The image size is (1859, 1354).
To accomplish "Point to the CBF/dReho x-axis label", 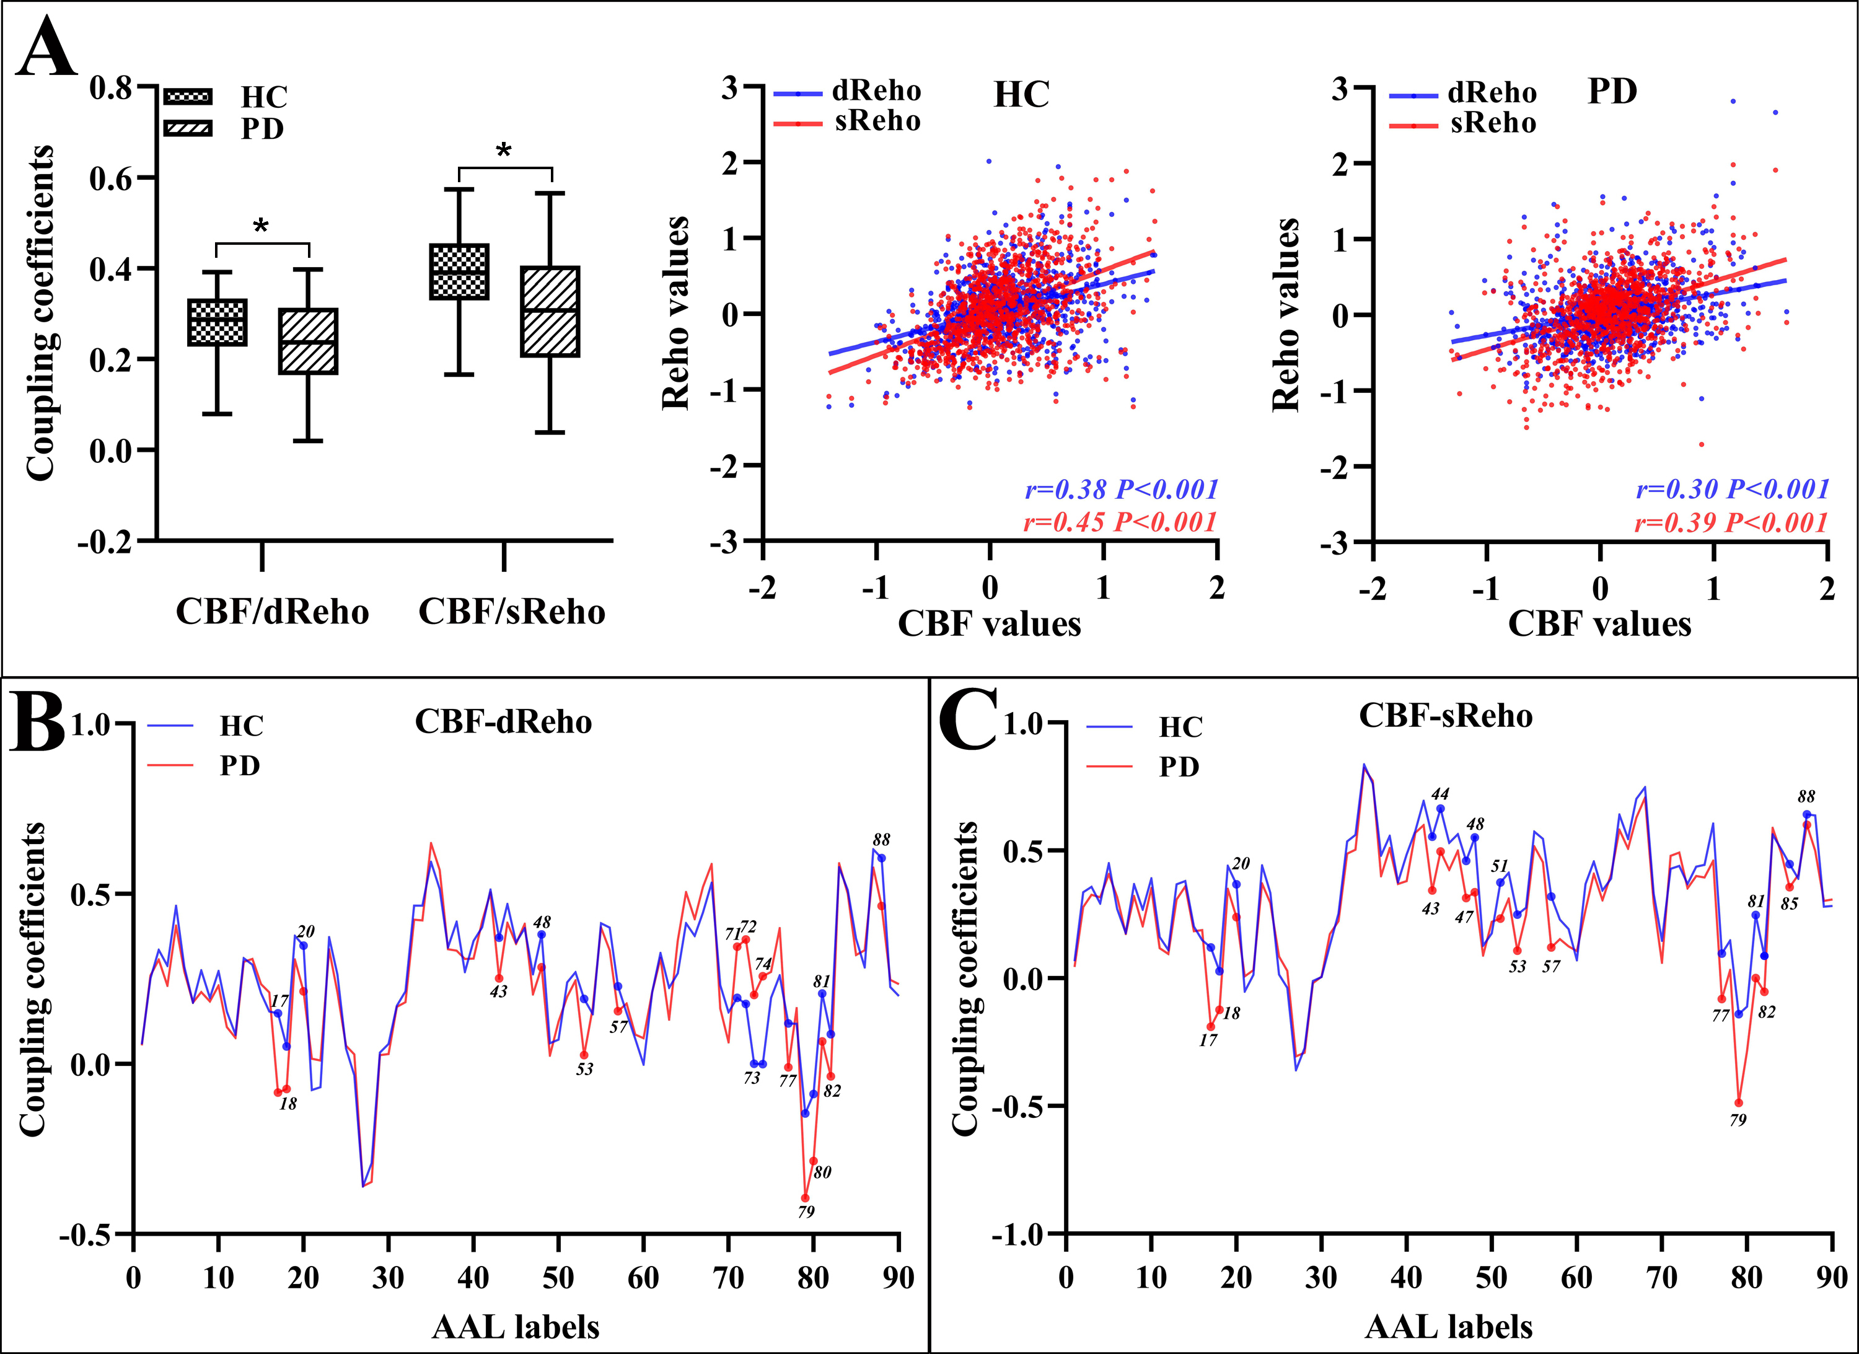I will pos(272,612).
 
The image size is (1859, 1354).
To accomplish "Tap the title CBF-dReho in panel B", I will pos(503,722).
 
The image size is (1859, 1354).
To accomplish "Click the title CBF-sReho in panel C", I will pos(1445,716).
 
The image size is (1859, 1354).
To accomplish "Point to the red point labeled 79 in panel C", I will pos(1739,1103).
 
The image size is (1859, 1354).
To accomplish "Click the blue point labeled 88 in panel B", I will pos(881,858).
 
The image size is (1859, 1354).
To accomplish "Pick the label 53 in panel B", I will pos(584,1070).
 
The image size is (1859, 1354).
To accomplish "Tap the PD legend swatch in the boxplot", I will pos(188,128).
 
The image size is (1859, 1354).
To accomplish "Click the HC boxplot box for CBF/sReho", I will pos(460,271).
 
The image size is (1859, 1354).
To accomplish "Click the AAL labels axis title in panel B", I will pos(516,1326).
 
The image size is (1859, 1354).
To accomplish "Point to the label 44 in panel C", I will pos(1440,793).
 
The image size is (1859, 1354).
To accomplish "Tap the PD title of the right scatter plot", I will pos(1612,92).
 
